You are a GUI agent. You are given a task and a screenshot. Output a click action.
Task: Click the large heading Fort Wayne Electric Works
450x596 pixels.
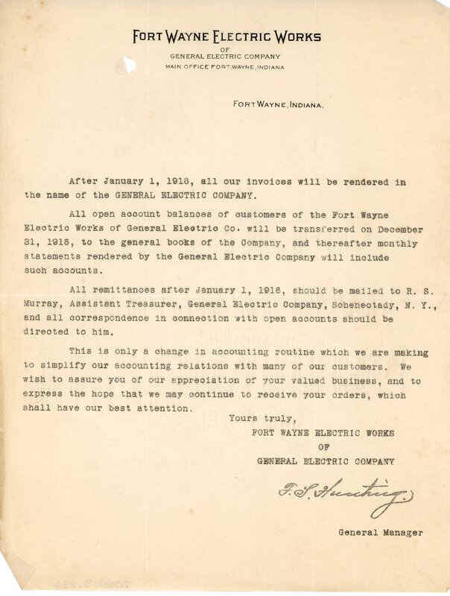coord(226,37)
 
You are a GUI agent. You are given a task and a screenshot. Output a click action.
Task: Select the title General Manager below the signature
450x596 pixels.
coord(381,533)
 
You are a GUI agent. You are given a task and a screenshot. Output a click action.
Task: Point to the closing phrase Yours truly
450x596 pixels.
coord(257,418)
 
